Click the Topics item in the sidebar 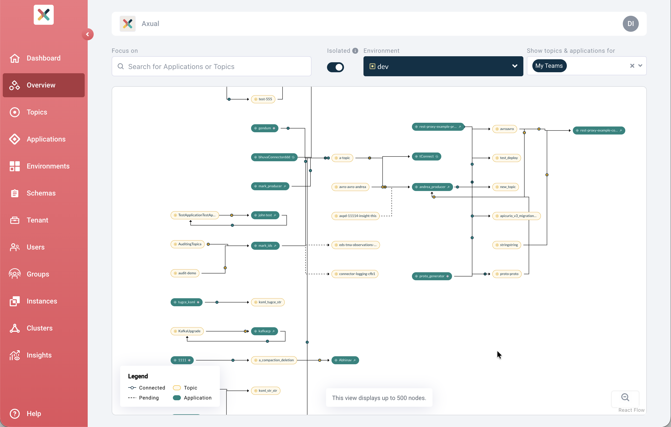click(37, 112)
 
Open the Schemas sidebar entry click(41, 193)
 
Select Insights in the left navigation click(39, 355)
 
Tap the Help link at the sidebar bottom click(33, 413)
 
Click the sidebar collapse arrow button click(87, 34)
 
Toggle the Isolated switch click(335, 67)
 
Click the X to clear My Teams click(632, 66)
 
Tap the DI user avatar click(630, 24)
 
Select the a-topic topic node click(342, 158)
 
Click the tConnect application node click(426, 156)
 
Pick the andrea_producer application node click(432, 187)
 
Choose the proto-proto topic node click(507, 274)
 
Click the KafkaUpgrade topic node click(187, 331)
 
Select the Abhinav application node click(345, 360)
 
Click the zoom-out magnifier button click(625, 397)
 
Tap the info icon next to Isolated click(355, 51)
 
